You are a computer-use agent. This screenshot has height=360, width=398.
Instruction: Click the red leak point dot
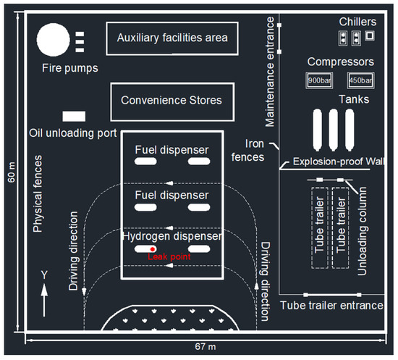pos(153,249)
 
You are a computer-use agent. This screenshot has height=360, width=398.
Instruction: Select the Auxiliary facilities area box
pos(172,38)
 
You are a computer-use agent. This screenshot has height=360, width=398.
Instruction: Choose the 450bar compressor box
pos(360,80)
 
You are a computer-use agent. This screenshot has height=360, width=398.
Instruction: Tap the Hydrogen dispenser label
pos(171,236)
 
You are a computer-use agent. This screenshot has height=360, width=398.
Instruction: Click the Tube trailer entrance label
pos(331,306)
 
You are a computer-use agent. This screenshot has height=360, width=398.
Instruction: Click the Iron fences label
pos(254,149)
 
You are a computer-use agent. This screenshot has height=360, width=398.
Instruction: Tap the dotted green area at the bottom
pos(172,320)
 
